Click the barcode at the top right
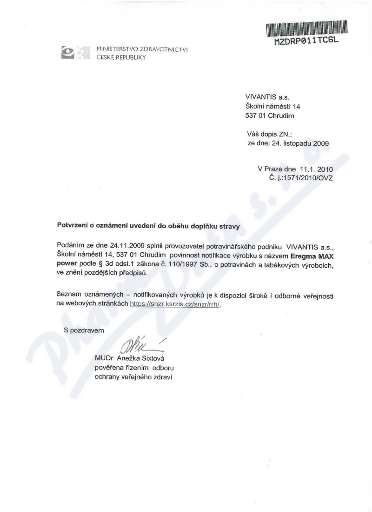tap(307, 28)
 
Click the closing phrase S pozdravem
tap(84, 330)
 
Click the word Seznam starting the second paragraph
tap(69, 295)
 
